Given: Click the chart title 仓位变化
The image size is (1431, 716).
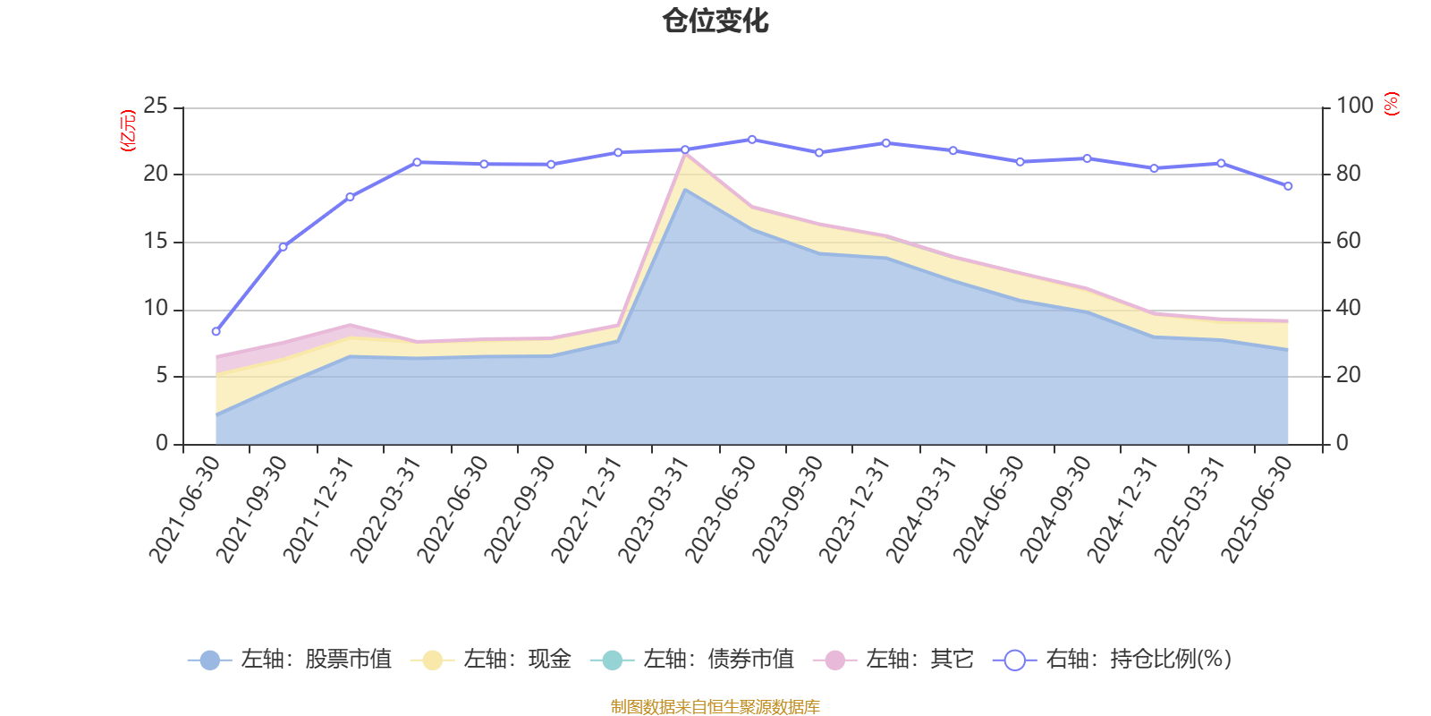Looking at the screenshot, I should pos(715,21).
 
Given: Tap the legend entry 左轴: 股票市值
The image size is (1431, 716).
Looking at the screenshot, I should pos(290,661).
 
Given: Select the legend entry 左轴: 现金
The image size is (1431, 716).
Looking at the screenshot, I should pos(491,661).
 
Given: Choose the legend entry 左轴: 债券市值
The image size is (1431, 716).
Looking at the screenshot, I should pos(692,661).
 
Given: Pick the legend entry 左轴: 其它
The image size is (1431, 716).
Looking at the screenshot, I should pos(893,661).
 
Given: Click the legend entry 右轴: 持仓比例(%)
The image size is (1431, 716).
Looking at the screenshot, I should pos(1113,661).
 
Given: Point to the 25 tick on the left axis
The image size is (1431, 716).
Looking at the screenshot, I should pos(156,107).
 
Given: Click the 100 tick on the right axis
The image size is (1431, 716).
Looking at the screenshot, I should pos(1354,107).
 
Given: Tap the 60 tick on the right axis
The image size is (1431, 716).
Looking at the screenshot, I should pos(1349,242).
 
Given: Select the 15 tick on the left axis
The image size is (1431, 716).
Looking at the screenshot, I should pos(156,242).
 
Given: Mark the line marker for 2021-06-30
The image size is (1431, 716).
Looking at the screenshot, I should pos(216,331).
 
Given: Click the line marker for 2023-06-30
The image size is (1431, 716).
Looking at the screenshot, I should pos(751,140).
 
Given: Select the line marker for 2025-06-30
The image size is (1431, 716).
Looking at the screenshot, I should pos(1288,186).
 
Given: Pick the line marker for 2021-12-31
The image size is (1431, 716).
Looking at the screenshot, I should pos(350,197).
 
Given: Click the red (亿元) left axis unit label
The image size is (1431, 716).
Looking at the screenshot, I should pos(128,131).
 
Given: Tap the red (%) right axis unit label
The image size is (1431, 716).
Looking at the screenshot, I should pos(1391,104).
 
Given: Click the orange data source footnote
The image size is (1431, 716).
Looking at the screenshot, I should pos(715,707).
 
